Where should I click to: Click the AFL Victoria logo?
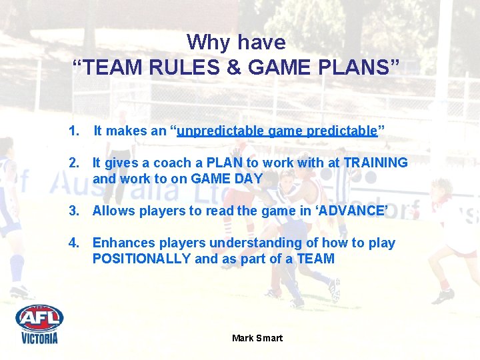[39, 324]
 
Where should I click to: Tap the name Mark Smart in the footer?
[257, 338]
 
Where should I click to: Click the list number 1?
[73, 131]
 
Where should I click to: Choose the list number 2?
[73, 163]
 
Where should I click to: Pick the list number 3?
[73, 211]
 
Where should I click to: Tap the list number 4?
[73, 243]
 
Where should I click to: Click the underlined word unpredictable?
[221, 131]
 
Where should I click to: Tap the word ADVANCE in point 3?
[351, 211]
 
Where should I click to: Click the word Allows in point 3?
[113, 211]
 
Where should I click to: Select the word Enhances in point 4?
[121, 243]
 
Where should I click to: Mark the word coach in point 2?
[172, 163]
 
